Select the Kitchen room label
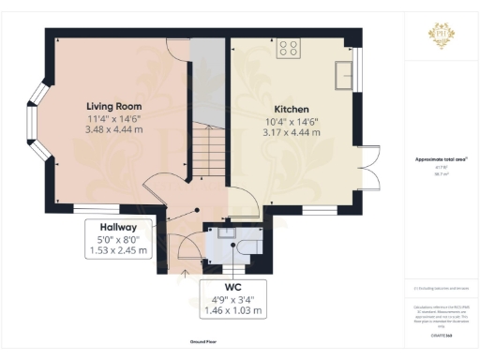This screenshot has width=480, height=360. coord(291,110)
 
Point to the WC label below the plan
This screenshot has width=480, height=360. coord(234,286)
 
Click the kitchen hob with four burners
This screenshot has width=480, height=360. coord(288,50)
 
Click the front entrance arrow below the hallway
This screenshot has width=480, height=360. coord(185,273)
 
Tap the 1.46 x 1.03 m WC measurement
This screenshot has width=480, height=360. coord(234,308)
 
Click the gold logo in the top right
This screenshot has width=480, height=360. coord(441,36)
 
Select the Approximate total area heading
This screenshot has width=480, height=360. coord(440,160)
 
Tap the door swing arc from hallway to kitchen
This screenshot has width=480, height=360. coord(238,199)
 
